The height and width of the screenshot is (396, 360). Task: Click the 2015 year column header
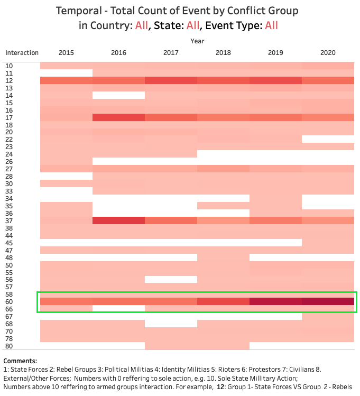(x=66, y=53)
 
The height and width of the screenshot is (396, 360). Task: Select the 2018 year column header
(x=223, y=53)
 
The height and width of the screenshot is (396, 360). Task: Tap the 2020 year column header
(x=328, y=53)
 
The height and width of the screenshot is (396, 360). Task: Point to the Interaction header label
(x=22, y=53)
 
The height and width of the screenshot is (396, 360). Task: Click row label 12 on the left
(x=9, y=80)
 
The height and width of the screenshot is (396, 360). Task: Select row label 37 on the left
(x=9, y=220)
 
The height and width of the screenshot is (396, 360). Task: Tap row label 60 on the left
(x=9, y=301)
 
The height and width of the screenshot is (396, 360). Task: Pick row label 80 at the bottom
(x=9, y=346)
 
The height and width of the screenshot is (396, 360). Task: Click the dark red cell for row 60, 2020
(x=328, y=301)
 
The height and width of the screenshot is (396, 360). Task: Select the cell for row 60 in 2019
(x=275, y=301)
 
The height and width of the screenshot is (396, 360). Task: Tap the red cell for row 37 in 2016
(x=118, y=220)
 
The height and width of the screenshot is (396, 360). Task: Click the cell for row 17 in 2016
(x=118, y=117)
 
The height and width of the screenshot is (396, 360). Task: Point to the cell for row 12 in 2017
(x=171, y=80)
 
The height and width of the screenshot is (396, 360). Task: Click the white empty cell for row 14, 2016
(x=118, y=95)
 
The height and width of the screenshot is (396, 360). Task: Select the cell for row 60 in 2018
(x=223, y=301)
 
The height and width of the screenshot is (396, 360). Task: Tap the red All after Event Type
(x=271, y=25)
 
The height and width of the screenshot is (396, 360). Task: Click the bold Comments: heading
(x=20, y=361)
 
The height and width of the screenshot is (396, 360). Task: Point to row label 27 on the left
(x=9, y=169)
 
